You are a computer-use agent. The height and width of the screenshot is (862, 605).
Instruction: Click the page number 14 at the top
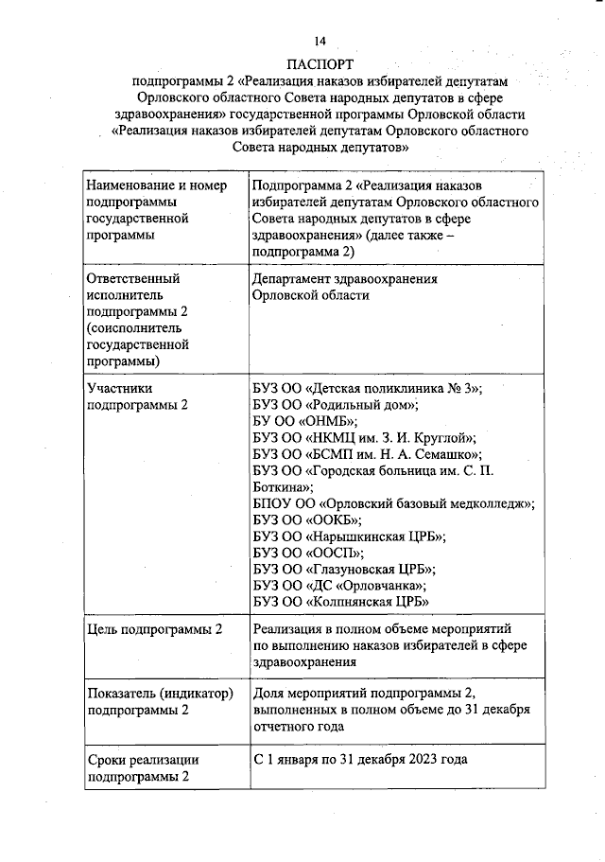coord(320,41)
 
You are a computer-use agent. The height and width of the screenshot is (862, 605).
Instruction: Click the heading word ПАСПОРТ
coord(320,64)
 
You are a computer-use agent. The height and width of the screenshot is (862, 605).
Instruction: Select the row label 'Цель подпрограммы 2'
coord(155,629)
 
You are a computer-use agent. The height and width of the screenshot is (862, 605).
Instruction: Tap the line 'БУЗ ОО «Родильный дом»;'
coord(336,404)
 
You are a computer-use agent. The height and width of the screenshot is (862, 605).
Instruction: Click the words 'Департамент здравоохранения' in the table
coord(345,279)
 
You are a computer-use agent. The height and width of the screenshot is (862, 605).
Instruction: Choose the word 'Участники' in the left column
coord(119,388)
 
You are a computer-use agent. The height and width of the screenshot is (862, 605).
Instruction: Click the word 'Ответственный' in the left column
coord(132,279)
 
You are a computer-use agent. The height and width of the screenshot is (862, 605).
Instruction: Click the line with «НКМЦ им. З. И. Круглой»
coord(364,437)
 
